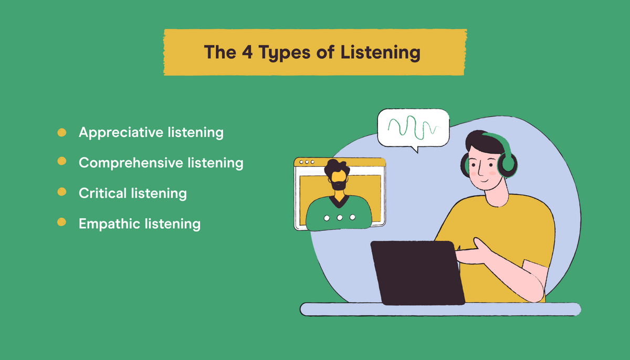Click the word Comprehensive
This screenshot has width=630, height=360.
click(x=130, y=163)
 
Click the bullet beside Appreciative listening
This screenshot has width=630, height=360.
click(x=61, y=132)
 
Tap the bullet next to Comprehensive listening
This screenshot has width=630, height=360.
click(x=61, y=162)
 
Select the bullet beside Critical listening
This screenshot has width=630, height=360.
click(x=61, y=193)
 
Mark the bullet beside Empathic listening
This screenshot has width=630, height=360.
click(x=61, y=223)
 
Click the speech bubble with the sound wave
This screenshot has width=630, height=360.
click(x=413, y=127)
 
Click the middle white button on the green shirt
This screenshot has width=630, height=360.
click(x=339, y=217)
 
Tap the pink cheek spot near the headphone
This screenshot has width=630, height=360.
click(x=492, y=172)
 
